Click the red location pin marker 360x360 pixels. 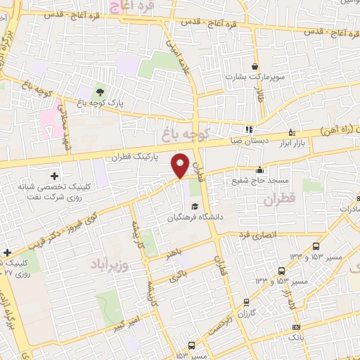(x=181, y=164)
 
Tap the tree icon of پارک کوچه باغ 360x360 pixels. (x=98, y=92)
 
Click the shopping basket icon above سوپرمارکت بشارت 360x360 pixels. (x=254, y=63)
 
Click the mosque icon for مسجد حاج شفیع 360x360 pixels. (x=259, y=169)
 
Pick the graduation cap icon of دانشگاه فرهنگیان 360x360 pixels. (x=195, y=205)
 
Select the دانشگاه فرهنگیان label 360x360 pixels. (x=196, y=216)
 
